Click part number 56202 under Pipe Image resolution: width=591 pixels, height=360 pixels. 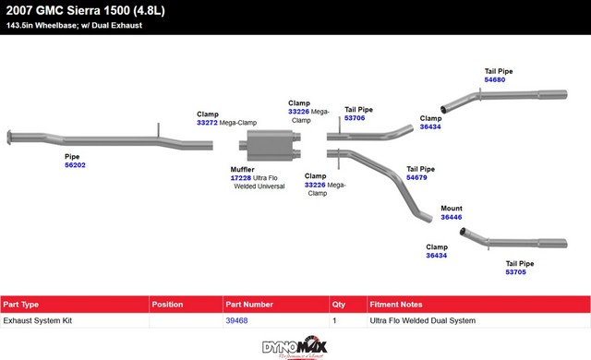[75, 165]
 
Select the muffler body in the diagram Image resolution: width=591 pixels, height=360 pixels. [270, 145]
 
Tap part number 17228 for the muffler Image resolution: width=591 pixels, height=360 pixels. [240, 178]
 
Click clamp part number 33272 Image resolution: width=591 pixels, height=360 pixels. [207, 123]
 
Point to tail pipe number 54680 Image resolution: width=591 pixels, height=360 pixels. [495, 79]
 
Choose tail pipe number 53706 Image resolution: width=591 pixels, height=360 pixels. [355, 118]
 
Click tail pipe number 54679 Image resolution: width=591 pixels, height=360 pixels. [416, 177]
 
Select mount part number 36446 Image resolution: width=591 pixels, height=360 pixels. [452, 217]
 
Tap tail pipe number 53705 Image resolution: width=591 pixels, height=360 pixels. [515, 272]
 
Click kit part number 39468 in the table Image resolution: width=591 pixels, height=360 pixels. [236, 320]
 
